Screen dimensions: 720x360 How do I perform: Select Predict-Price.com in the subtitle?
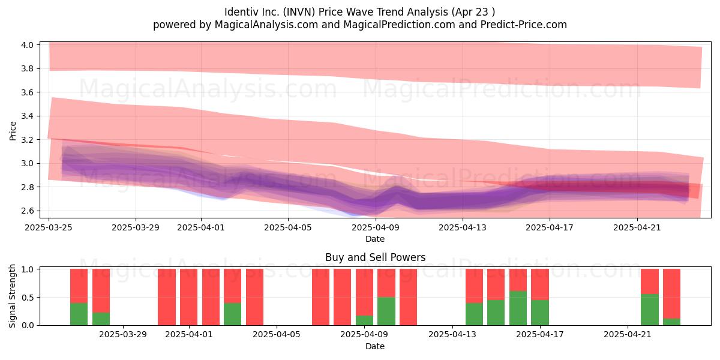coord(524,25)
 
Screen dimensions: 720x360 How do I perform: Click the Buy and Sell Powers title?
coord(375,257)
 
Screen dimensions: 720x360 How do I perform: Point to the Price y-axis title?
coord(13,131)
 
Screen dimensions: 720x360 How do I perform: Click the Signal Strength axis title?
coord(12,296)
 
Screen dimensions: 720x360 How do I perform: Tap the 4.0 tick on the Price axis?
coord(28,44)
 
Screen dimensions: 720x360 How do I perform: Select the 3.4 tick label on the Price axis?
coord(28,116)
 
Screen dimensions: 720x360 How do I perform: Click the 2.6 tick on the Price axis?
coord(28,211)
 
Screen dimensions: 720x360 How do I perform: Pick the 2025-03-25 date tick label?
coord(49,227)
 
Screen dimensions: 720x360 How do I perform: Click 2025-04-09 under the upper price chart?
coord(376,227)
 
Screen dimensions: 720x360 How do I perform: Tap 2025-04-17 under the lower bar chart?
coord(540,334)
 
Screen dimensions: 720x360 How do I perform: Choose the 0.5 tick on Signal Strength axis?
coord(28,298)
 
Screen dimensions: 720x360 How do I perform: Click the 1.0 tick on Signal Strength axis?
coord(28,269)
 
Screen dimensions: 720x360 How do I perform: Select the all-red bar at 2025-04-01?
coord(188,297)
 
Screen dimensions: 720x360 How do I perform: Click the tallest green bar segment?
coord(518,308)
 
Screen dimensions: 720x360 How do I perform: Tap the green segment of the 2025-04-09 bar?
coord(365,320)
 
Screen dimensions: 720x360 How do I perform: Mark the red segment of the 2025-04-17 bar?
coord(540,284)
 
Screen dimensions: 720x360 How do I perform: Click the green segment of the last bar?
coord(672,322)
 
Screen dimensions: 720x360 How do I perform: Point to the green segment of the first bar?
coord(79,314)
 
